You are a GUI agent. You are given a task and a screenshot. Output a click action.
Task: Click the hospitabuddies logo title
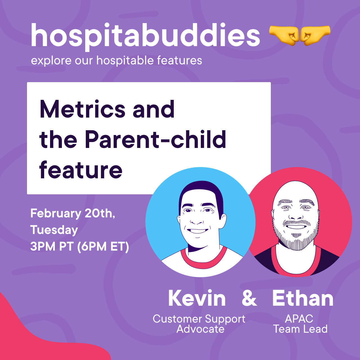145,37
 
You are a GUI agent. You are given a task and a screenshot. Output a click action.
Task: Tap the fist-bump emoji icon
300,35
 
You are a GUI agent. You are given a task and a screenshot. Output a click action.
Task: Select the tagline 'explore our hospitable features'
116,60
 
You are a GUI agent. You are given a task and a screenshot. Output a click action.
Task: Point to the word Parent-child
156,139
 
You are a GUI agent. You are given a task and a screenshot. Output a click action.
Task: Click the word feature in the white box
81,169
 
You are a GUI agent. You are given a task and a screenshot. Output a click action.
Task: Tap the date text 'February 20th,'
73,213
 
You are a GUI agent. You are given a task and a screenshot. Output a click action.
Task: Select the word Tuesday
54,230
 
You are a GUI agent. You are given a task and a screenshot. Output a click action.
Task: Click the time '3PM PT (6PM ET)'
80,246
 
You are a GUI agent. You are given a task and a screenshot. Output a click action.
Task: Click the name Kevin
197,298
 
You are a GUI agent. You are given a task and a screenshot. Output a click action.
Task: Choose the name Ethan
303,298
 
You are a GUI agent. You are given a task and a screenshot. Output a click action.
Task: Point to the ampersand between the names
249,298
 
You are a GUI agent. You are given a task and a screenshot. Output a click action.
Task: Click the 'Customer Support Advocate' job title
199,324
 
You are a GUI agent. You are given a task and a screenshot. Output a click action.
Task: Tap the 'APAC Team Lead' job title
300,324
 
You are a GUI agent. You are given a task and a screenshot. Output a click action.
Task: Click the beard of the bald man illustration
296,239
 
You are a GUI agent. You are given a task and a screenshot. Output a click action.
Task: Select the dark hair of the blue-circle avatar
201,192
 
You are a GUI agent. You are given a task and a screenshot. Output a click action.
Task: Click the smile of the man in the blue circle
197,231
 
